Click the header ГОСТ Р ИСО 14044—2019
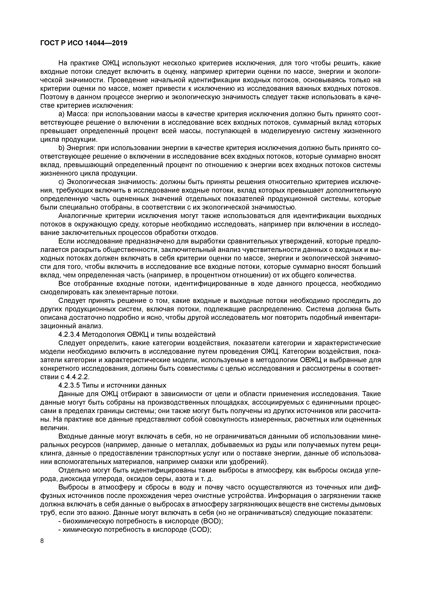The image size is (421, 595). pyautogui.click(x=84, y=43)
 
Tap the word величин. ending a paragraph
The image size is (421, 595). pyautogui.click(x=51, y=428)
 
